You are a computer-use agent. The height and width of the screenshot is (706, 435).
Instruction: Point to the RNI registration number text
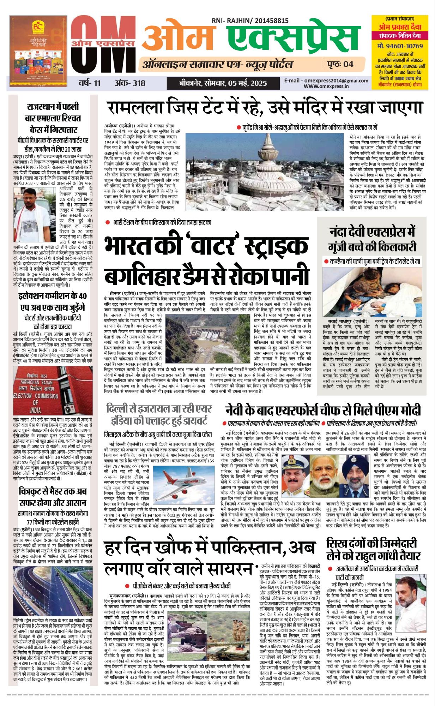tap(250, 21)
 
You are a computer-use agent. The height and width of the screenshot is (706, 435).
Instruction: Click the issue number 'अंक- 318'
tap(130, 83)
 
